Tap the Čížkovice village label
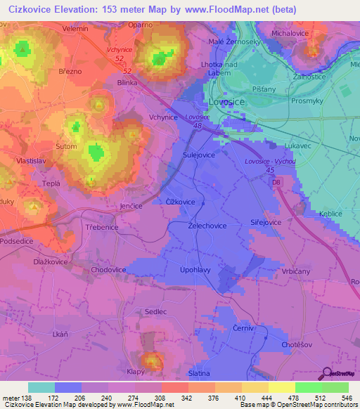point(179,202)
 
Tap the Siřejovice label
point(266,221)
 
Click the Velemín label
point(75,28)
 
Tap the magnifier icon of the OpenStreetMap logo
point(327,374)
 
